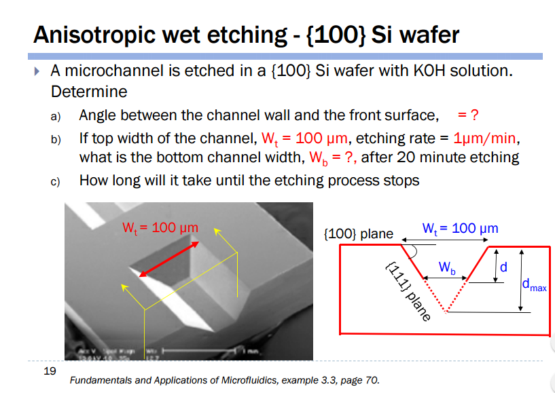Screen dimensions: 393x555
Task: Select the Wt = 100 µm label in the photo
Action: pos(160,227)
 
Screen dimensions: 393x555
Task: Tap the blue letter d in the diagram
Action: pos(503,267)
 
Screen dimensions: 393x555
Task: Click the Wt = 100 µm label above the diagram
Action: pos(460,228)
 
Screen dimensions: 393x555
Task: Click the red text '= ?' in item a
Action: pos(472,116)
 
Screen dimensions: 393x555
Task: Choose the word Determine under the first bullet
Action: pos(89,91)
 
